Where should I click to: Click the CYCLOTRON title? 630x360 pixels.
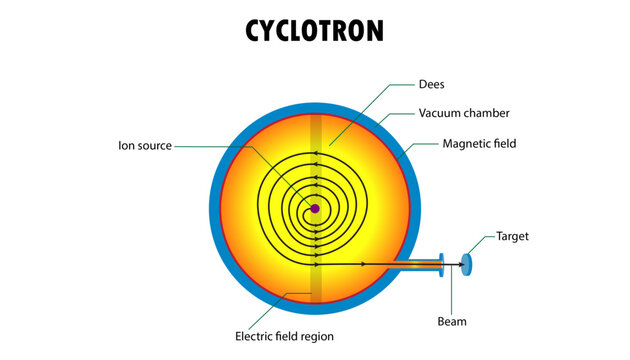pyautogui.click(x=314, y=31)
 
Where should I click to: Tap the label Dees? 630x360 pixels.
pyautogui.click(x=431, y=85)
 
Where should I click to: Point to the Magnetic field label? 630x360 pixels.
pyautogui.click(x=479, y=144)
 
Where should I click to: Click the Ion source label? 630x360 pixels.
pyautogui.click(x=145, y=146)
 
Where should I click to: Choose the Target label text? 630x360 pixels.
pyautogui.click(x=512, y=237)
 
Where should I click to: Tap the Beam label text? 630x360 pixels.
pyautogui.click(x=452, y=322)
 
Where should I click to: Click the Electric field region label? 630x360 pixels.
pyautogui.click(x=284, y=336)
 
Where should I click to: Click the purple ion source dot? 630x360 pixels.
pyautogui.click(x=315, y=209)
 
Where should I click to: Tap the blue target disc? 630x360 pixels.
pyautogui.click(x=466, y=263)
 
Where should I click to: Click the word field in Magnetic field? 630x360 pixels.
pyautogui.click(x=503, y=144)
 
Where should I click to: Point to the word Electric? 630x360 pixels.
pyautogui.click(x=256, y=336)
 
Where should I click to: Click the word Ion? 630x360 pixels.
pyautogui.click(x=126, y=146)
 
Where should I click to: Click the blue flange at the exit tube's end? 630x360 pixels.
pyautogui.click(x=441, y=264)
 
